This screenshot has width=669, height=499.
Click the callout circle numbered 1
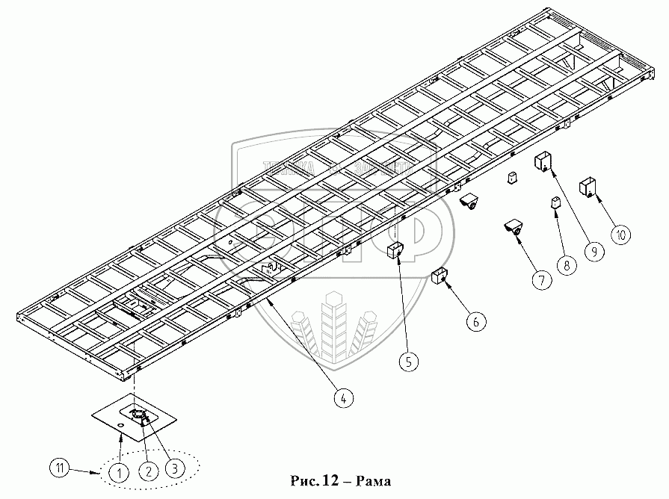pos(117,471)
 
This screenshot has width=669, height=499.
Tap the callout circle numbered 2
pos(149,471)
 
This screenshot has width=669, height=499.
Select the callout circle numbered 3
pos(173,469)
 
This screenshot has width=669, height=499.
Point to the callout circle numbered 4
pos(342,397)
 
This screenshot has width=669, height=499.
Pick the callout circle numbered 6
pos(475,322)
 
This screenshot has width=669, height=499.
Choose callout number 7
pos(540,280)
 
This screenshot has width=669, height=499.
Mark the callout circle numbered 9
pos(594,251)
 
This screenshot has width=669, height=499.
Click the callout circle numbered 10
pos(620,234)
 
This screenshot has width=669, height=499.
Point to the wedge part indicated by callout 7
pos(514,231)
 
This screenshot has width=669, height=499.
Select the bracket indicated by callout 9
pos(543,161)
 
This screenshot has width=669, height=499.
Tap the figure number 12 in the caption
pos(331,480)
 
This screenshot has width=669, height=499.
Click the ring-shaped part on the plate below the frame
pos(139,415)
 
